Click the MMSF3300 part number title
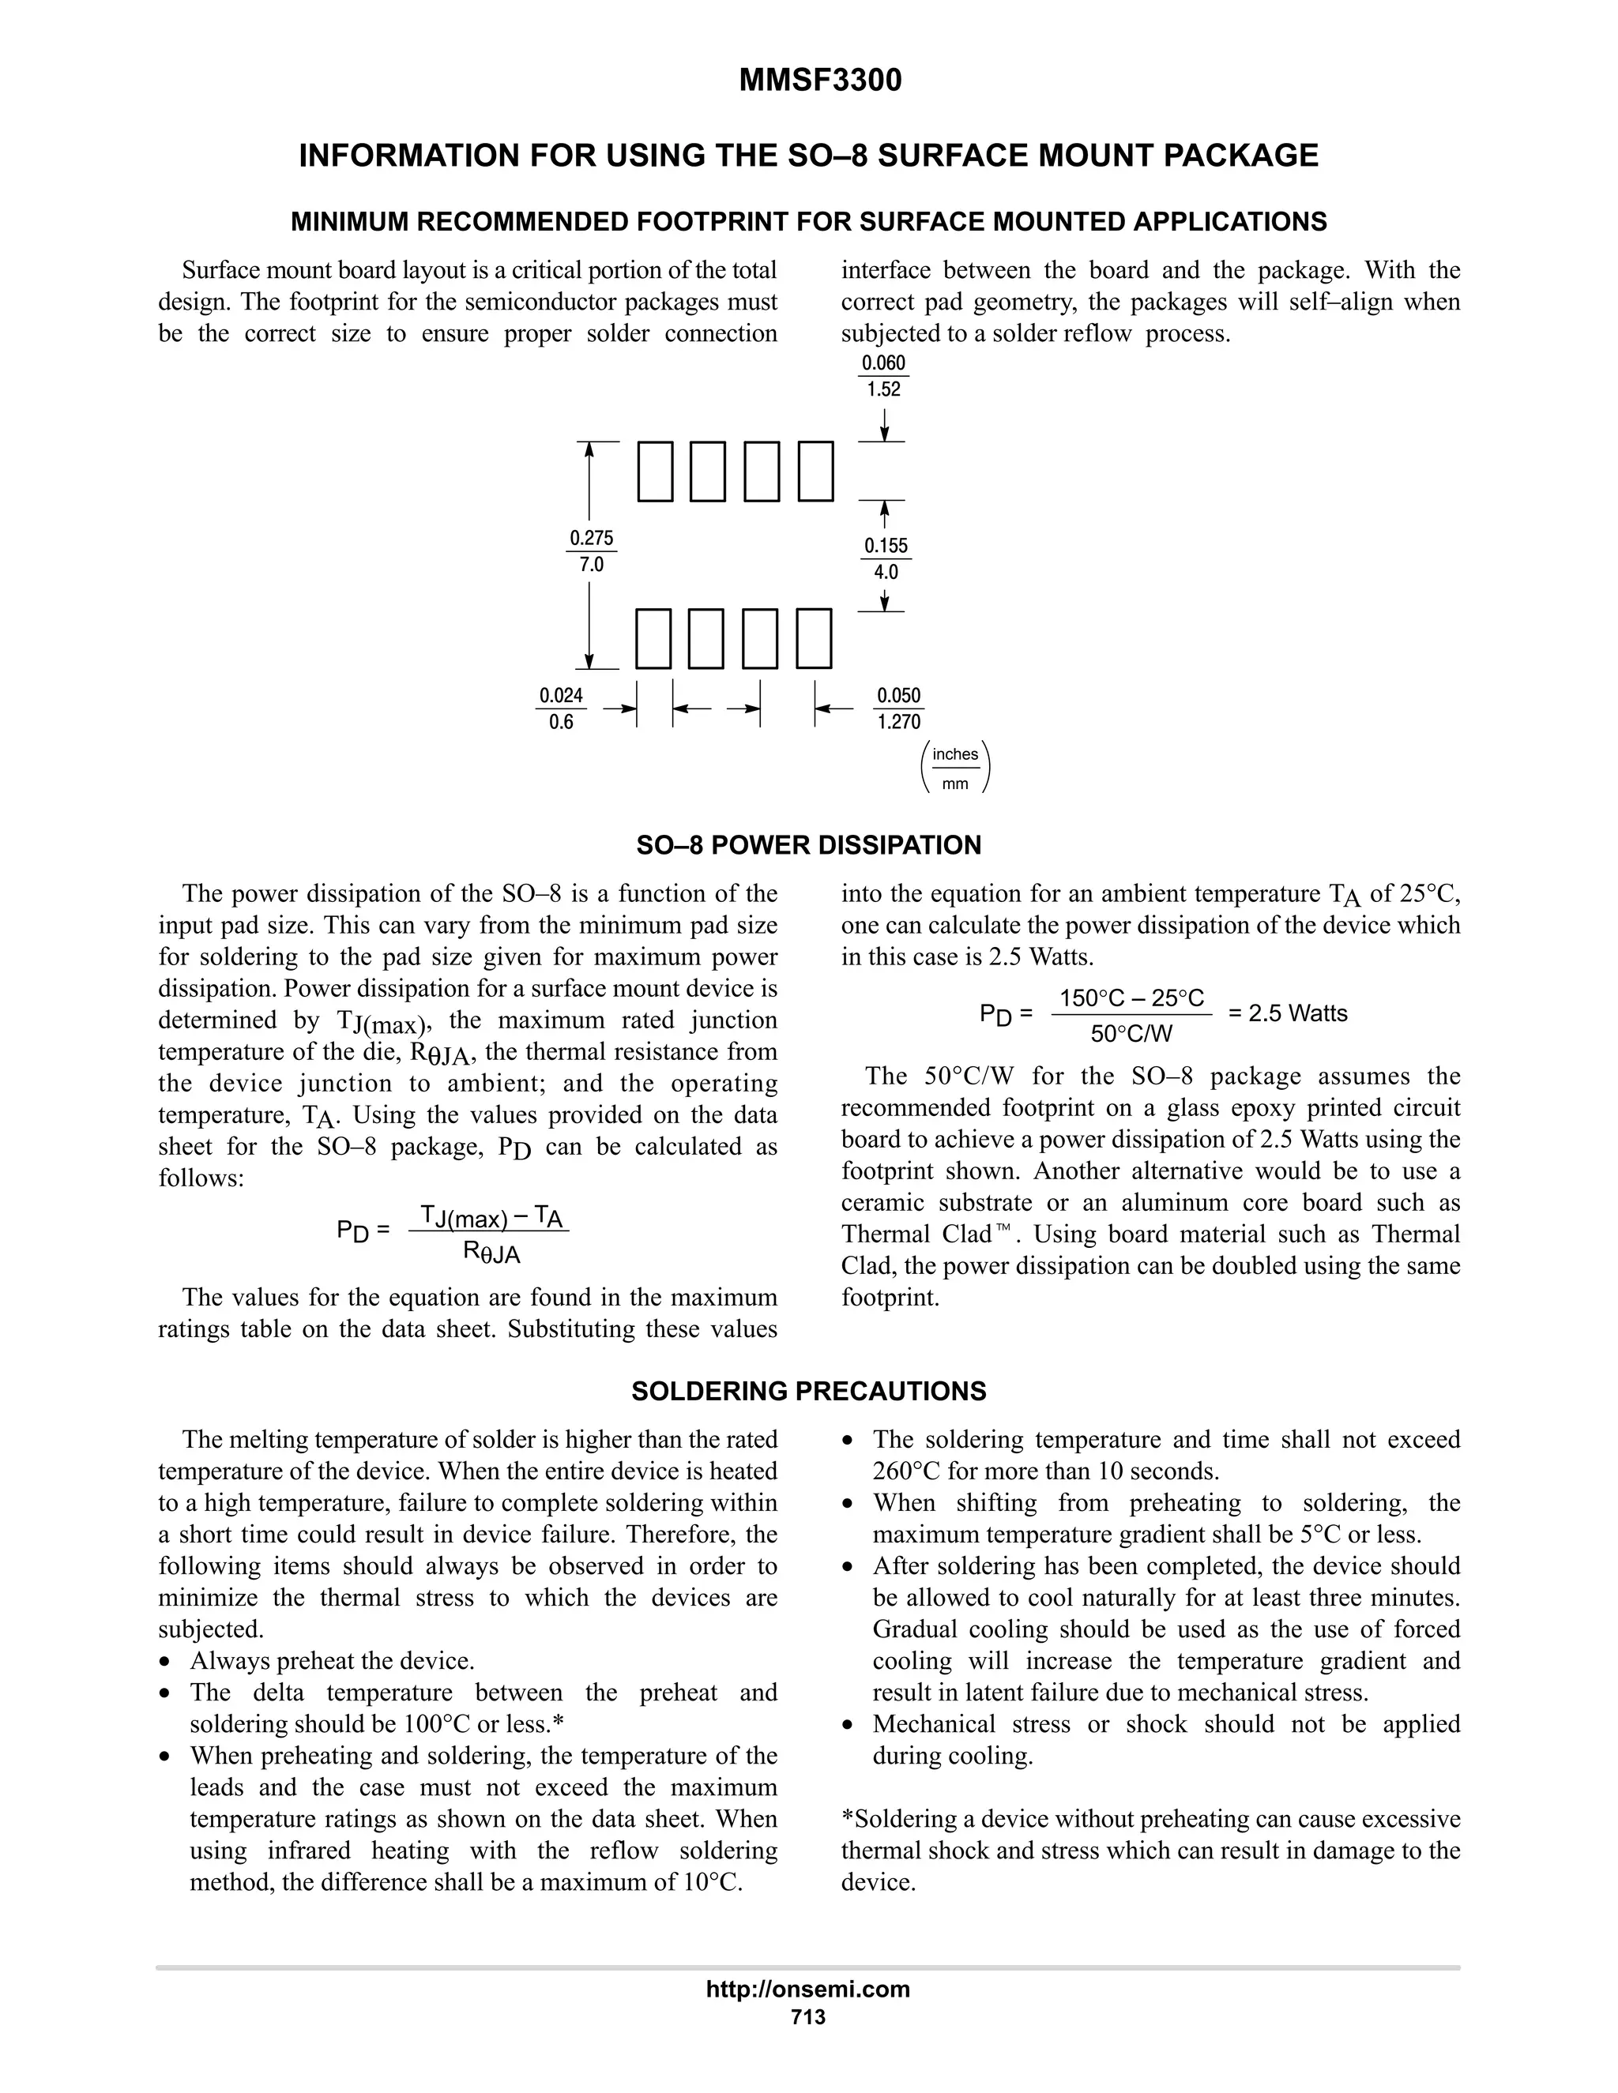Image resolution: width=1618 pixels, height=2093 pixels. point(819,81)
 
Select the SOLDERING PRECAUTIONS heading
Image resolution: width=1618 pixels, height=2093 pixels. point(808,1391)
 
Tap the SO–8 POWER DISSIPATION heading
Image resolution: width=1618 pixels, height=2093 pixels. point(808,845)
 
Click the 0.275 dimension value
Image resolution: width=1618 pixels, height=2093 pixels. point(592,538)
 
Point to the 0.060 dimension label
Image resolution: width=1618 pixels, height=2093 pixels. point(882,363)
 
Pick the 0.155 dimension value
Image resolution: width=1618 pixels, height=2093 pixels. point(886,545)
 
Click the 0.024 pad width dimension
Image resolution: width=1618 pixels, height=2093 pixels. point(561,696)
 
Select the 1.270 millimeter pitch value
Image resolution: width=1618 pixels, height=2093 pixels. point(898,722)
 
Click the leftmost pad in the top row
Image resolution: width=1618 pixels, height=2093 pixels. point(656,472)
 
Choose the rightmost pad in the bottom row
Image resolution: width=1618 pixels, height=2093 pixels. point(814,638)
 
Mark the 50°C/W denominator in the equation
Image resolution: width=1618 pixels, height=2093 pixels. point(1131,1034)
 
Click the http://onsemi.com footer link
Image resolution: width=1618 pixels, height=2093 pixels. point(808,1990)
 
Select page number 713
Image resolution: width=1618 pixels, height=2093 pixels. point(808,2017)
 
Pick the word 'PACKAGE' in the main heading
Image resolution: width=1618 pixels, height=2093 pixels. point(1236,156)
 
